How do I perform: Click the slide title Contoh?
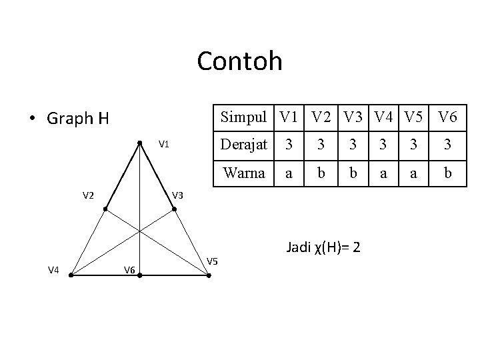coord(240,61)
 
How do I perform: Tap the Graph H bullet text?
coord(77,119)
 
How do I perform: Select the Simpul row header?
coord(243,117)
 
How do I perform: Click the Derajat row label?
coord(243,145)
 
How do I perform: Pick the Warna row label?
coord(243,173)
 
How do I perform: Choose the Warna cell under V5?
coord(414,173)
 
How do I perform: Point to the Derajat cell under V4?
coord(383,145)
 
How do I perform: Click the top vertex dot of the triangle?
coord(139,142)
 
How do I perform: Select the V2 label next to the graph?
coord(88,195)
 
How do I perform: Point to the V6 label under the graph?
coord(130,269)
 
